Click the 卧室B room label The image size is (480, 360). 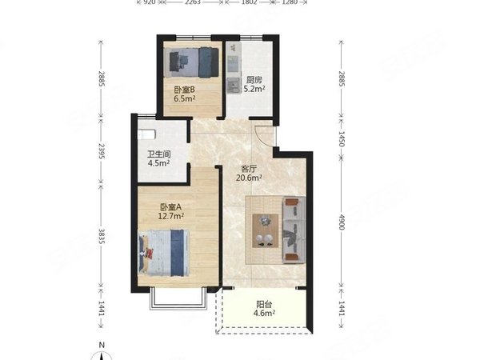pos(184,90)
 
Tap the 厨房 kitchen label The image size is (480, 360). pos(254,80)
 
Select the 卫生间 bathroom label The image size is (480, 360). pos(159,154)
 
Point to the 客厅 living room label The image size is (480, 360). pos(249,169)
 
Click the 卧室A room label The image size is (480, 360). pos(171,207)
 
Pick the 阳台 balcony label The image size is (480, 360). pos(264,305)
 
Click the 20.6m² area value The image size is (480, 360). pos(249,178)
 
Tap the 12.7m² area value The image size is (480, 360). pos(171,216)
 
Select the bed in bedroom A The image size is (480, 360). pos(164,253)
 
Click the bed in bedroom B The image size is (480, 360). pos(194,62)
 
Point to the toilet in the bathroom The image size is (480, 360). pos(147,134)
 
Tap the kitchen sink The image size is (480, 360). pos(234,85)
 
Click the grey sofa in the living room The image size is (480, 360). pos(294,230)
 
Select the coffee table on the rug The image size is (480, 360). pos(266,231)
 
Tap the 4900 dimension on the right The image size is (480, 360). pos(342,222)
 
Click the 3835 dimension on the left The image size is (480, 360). pos(102,236)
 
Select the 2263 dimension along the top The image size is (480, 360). pos(193,2)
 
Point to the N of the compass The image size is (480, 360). pos(102,345)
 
